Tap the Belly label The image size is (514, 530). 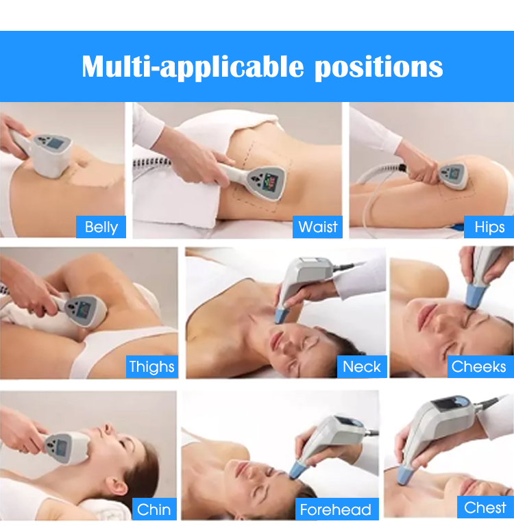coord(101,227)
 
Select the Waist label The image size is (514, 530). coord(318,227)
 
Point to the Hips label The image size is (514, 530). coord(489,227)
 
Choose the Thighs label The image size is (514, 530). coord(151,366)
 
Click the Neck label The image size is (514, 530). coord(362,366)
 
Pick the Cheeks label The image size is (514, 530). coord(479,366)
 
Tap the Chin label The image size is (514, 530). coord(154,509)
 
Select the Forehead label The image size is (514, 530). coord(335,509)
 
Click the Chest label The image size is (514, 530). coord(485,507)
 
